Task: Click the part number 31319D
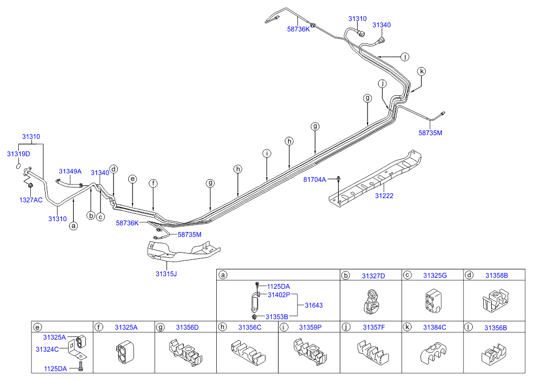[x=18, y=154]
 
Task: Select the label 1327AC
[x=30, y=200]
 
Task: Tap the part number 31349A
[x=70, y=171]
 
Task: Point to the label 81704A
[x=315, y=180]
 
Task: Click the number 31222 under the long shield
[x=384, y=196]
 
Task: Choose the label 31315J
[x=166, y=274]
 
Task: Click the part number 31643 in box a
[x=314, y=306]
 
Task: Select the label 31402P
[x=279, y=295]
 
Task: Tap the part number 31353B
[x=276, y=317]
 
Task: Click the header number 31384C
[x=432, y=327]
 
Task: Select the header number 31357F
[x=373, y=327]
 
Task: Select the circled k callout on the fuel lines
[x=421, y=71]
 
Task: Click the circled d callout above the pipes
[x=114, y=169]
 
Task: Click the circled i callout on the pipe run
[x=266, y=154]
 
